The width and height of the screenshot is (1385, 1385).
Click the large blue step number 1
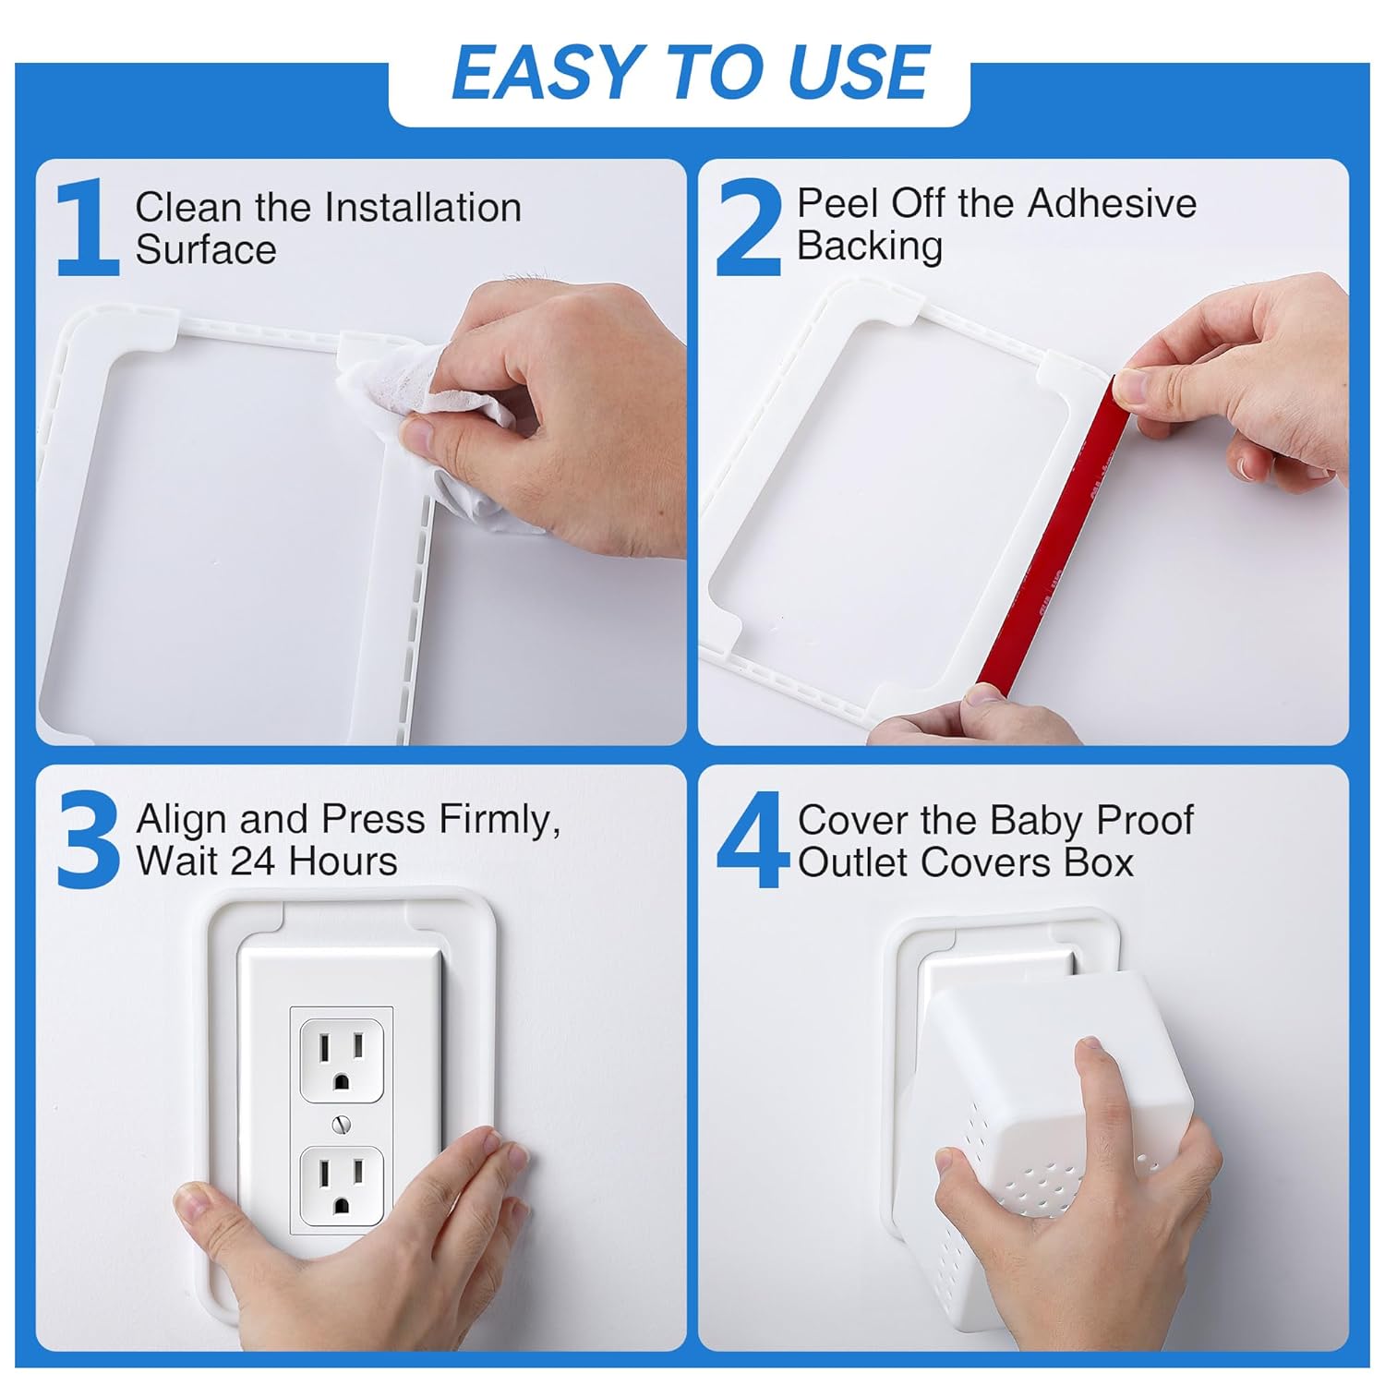88,229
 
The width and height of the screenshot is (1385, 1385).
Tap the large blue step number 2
749,229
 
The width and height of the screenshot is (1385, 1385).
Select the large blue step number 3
88,841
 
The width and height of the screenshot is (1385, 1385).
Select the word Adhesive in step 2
1112,204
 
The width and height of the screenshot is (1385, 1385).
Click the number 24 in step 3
251,861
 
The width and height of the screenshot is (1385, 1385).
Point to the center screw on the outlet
342,1125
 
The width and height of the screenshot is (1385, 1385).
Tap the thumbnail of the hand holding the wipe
420,434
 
